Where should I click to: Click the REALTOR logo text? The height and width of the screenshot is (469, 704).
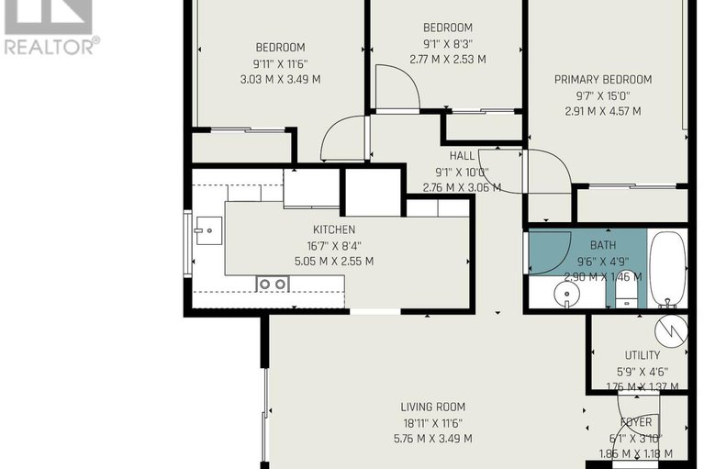[50, 45]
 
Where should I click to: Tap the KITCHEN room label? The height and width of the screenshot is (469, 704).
[333, 229]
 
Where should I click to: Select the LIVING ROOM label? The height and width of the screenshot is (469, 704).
[432, 407]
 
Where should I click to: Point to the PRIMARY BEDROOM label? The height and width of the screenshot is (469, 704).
[603, 80]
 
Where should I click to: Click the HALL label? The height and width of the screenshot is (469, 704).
[462, 156]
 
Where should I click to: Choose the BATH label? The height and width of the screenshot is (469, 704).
[602, 245]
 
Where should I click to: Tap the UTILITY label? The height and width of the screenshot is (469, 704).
[642, 355]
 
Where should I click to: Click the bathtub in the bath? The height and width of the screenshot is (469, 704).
[667, 269]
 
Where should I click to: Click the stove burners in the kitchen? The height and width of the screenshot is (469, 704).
[273, 285]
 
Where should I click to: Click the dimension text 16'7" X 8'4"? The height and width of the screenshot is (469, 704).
[333, 245]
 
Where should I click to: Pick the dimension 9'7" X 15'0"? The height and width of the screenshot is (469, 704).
[603, 95]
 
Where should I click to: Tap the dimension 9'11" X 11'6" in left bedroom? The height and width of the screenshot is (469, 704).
[280, 63]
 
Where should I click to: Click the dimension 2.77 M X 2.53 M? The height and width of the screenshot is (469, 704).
[448, 59]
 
